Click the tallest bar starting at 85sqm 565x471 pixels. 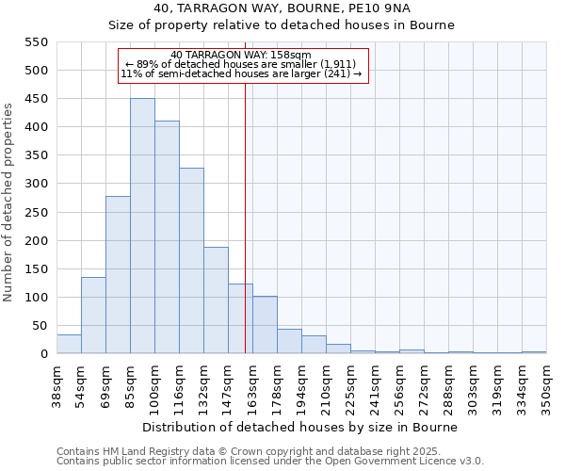click(x=142, y=226)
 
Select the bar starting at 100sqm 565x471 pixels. click(x=167, y=237)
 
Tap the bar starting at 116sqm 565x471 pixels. click(x=191, y=261)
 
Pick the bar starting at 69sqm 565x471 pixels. click(x=118, y=275)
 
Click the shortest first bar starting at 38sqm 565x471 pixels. click(x=69, y=344)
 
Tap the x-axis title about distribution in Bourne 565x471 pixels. click(x=301, y=427)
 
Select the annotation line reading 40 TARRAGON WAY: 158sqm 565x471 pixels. click(x=242, y=55)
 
